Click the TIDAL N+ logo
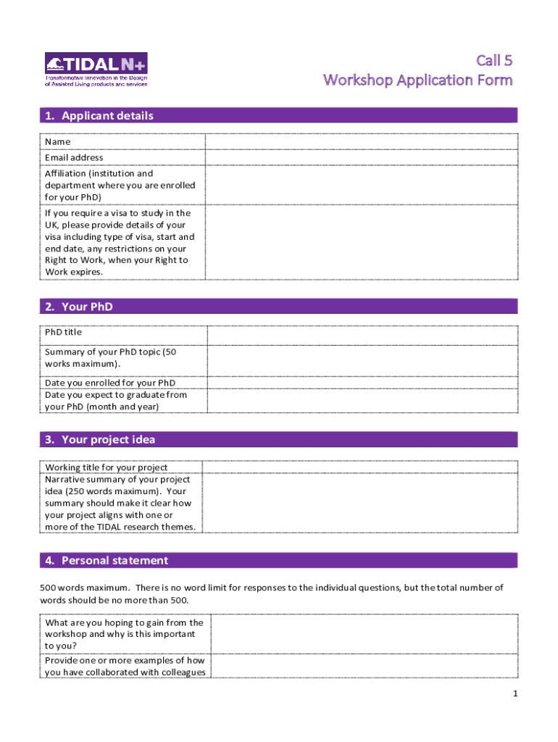96,70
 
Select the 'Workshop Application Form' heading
418,80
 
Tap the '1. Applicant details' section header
108,116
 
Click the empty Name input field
361,142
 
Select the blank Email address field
361,158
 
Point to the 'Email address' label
74,158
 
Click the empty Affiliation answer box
361,185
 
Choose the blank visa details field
361,243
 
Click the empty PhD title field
362,335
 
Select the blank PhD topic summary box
362,361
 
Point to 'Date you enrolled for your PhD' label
110,383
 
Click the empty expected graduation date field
362,401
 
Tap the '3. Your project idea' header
109,440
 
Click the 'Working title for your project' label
107,467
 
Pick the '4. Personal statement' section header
114,561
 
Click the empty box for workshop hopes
363,634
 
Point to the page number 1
515,694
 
